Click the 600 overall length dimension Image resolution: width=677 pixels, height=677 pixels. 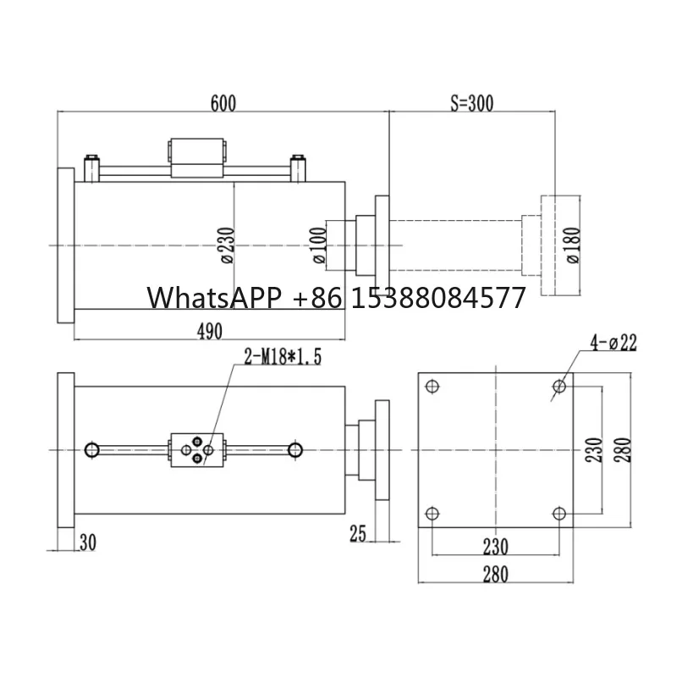[x=223, y=103]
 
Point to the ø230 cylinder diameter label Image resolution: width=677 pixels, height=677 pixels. [x=227, y=246]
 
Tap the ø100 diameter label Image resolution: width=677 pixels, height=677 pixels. [x=319, y=246]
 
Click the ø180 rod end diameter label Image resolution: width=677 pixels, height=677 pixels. [x=574, y=246]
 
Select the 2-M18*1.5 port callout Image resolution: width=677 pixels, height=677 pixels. [x=282, y=358]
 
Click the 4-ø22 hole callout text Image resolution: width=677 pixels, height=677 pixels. [x=614, y=343]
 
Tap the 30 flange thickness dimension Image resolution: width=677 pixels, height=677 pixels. [x=87, y=541]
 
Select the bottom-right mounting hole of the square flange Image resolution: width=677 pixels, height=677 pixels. [x=559, y=513]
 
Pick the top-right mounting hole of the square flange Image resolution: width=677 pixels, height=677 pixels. [x=559, y=387]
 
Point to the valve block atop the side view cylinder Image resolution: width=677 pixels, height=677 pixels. [x=199, y=158]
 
